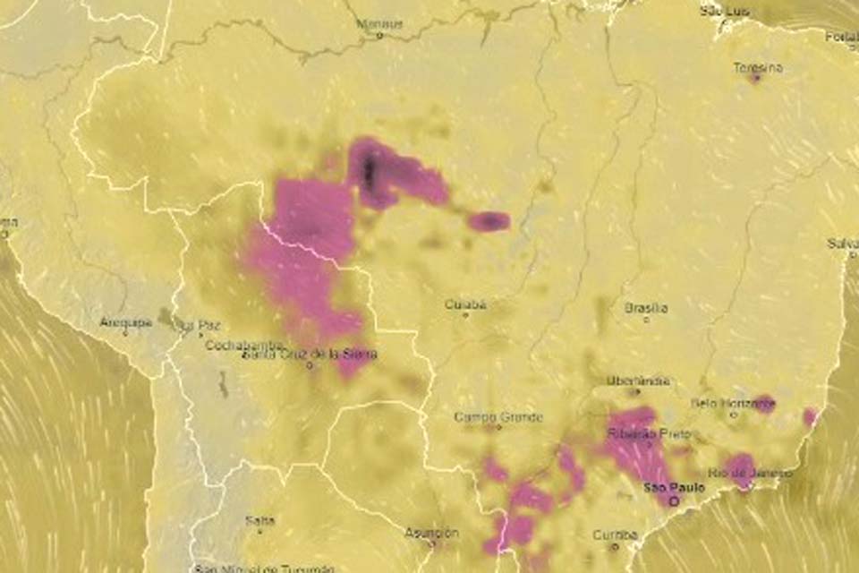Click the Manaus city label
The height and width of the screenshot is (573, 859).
tap(379, 23)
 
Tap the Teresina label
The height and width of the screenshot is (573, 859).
tap(758, 67)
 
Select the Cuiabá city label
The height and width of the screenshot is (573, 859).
tap(466, 304)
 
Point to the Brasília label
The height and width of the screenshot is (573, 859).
tap(646, 308)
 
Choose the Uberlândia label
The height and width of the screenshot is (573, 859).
tap(638, 381)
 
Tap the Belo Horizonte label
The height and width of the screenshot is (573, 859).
tap(732, 403)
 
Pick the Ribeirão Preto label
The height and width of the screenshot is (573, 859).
tap(649, 433)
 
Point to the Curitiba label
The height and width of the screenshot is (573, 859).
tap(616, 535)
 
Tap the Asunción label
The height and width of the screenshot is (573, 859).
tap(431, 532)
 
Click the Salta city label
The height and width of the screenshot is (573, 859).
tap(260, 519)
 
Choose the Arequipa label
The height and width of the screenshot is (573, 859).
tap(126, 321)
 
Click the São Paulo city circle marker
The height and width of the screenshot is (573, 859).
tap(674, 502)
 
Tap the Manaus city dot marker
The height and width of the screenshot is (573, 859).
tap(379, 36)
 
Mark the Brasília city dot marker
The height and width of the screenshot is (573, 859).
tap(646, 320)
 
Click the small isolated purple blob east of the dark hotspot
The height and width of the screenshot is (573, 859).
tap(489, 220)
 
